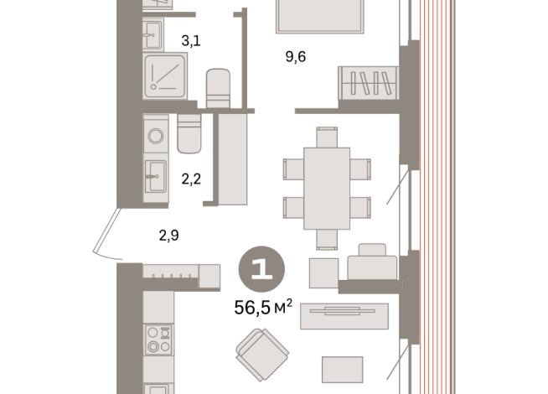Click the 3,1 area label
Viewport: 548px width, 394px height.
191,41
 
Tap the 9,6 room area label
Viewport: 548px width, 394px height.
296,56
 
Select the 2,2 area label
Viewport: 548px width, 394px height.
191,179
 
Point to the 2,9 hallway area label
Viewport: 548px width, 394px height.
168,236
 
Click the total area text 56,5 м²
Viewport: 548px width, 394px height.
263,308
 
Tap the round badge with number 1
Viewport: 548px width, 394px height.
261,269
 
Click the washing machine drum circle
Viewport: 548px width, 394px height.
156,136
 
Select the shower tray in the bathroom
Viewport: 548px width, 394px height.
165,75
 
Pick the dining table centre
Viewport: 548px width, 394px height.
327,189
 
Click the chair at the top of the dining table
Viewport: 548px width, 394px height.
327,137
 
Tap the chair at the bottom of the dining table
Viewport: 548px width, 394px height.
327,240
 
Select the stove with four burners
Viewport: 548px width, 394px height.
158,340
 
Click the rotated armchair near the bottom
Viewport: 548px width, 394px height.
262,355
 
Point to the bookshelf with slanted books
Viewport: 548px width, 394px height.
369,83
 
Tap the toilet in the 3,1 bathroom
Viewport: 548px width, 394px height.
218,88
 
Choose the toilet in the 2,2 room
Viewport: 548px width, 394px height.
189,133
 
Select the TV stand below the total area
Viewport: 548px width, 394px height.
344,316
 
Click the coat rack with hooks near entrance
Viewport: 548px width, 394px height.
171,272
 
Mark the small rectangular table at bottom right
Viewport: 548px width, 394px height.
343,370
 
